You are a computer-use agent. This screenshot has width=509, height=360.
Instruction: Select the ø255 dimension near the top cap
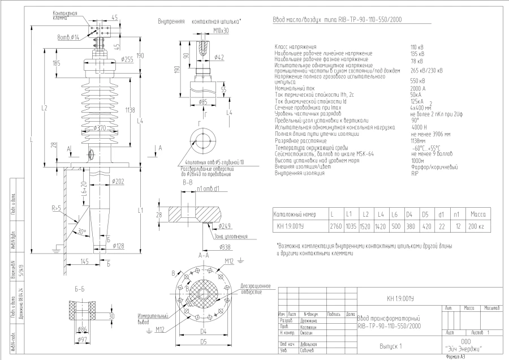click(127, 59)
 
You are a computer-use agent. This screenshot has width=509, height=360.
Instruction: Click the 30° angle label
click(83, 231)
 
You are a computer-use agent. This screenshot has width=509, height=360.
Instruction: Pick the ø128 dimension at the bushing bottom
click(119, 246)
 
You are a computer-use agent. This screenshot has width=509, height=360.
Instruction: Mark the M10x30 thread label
click(205, 31)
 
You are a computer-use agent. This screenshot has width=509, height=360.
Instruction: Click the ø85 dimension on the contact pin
click(202, 102)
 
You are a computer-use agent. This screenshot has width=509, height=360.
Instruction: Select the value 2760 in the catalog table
click(336, 226)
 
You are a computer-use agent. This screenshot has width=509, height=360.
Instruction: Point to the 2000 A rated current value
click(418, 89)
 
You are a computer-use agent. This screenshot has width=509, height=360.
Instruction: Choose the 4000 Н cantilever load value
click(419, 127)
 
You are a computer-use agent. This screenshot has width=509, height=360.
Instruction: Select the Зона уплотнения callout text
click(230, 236)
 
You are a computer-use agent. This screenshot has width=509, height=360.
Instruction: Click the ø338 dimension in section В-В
click(209, 247)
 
